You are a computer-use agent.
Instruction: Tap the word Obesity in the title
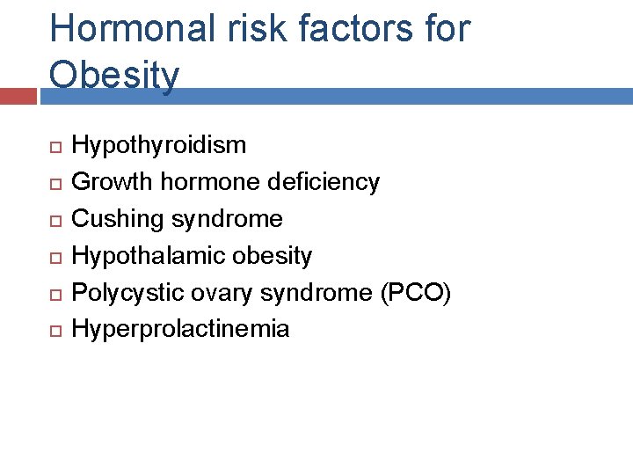(x=114, y=75)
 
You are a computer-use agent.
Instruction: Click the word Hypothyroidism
(x=158, y=145)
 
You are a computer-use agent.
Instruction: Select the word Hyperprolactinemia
(x=180, y=330)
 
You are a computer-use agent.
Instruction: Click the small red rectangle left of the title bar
(x=18, y=96)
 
